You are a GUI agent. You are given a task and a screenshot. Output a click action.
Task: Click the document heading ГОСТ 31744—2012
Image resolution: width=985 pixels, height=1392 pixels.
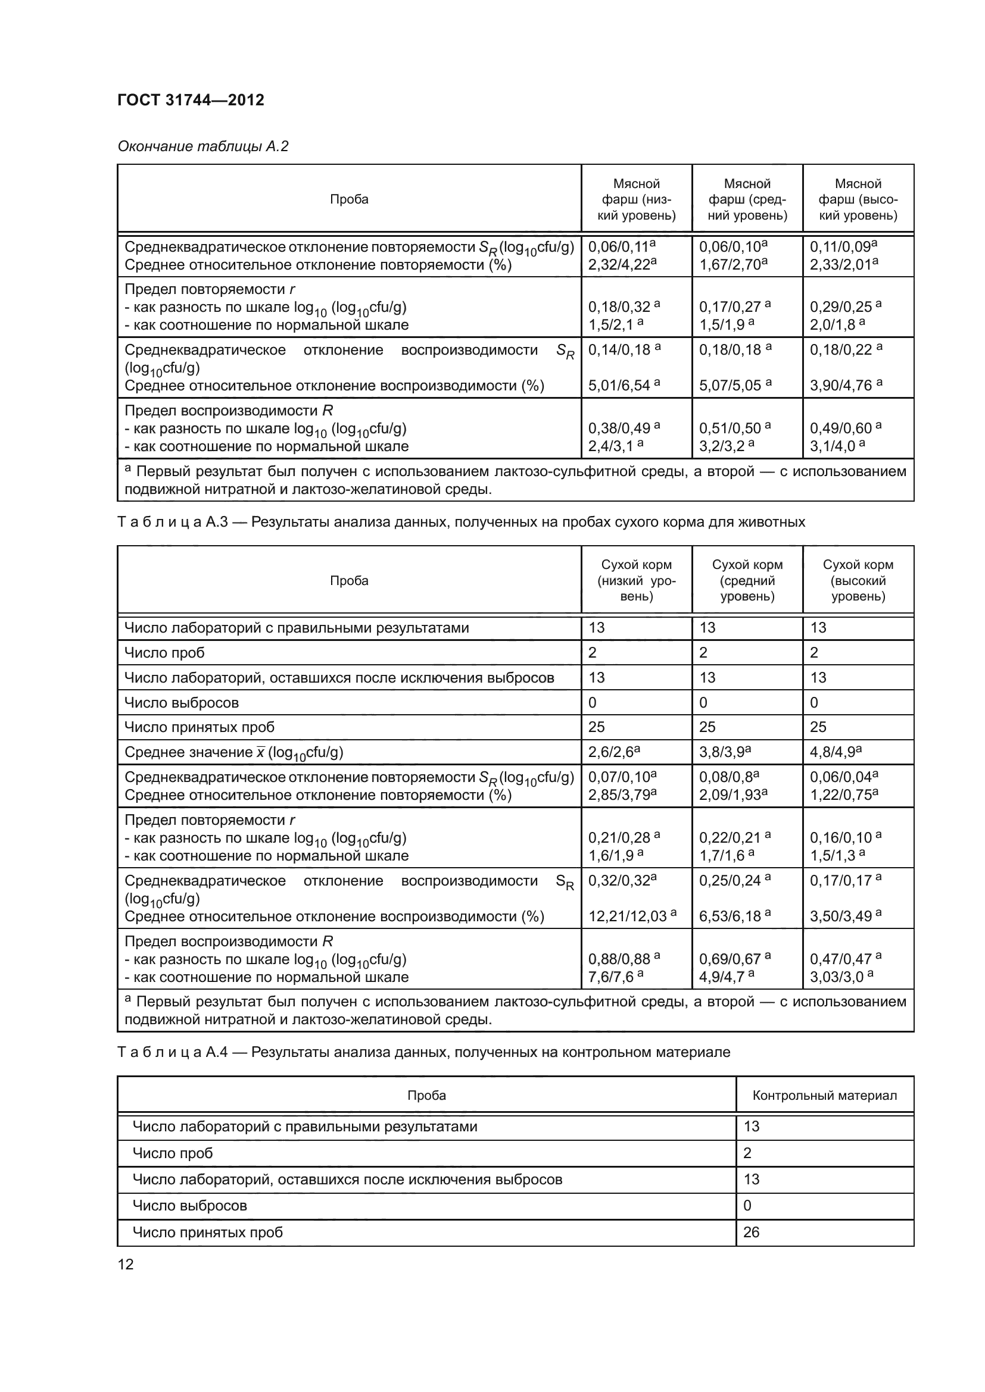tap(191, 100)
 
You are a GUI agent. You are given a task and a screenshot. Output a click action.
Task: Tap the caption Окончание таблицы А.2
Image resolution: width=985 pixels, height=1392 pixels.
tap(202, 146)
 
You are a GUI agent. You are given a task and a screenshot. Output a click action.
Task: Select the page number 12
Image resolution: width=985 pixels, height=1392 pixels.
tap(125, 1264)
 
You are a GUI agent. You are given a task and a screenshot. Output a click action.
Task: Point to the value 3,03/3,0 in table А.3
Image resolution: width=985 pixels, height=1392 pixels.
tap(837, 977)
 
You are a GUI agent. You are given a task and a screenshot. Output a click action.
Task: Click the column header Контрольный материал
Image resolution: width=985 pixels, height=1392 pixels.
tap(824, 1095)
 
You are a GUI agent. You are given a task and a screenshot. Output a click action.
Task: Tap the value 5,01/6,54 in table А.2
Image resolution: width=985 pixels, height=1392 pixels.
tap(619, 386)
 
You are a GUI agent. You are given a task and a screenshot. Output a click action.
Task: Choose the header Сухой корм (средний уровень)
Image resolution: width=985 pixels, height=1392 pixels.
tap(747, 580)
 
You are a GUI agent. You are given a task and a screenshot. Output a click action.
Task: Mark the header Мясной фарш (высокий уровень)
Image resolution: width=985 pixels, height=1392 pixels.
tap(858, 199)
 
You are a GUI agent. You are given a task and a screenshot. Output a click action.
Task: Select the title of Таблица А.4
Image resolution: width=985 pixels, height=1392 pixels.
tap(423, 1052)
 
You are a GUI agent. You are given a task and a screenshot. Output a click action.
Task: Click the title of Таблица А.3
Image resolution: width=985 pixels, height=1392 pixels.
tap(461, 522)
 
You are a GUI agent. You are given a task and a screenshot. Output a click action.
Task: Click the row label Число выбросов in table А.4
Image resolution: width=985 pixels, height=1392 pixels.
tap(189, 1205)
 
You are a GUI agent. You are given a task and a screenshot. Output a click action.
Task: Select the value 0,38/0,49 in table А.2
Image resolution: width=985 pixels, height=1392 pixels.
tap(619, 428)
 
